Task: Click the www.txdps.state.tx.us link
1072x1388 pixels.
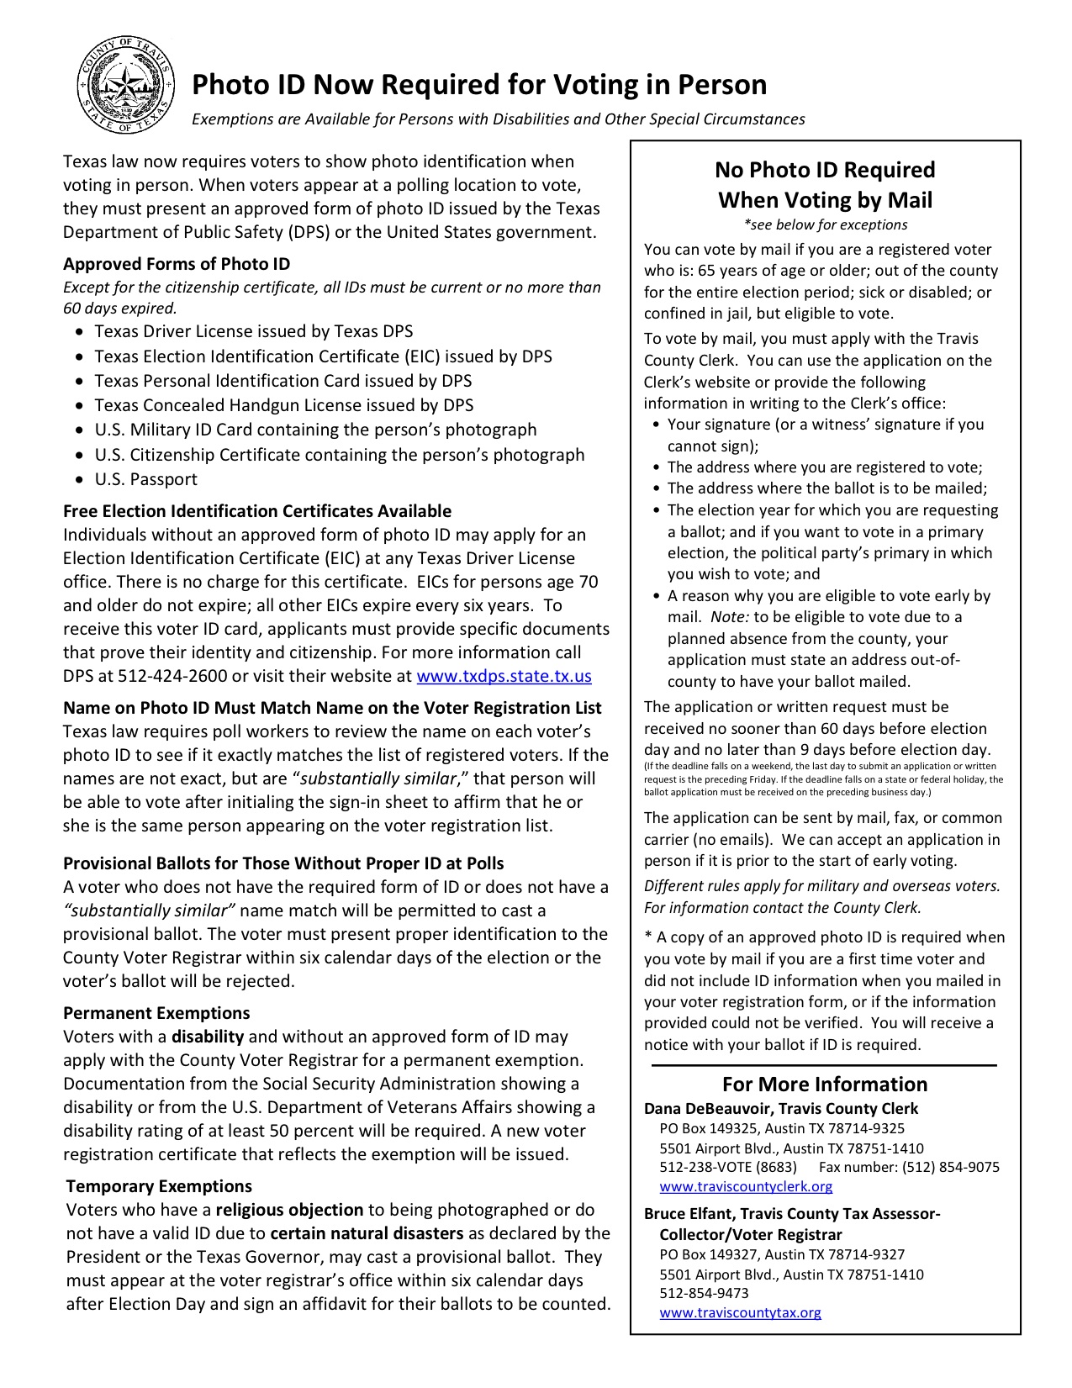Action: pos(504,676)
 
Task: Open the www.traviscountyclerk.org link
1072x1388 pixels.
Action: pos(746,1186)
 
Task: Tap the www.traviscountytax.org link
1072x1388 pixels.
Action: pos(740,1312)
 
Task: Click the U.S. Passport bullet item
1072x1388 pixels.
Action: pos(145,479)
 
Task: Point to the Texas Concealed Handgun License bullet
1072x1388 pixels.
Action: pos(283,405)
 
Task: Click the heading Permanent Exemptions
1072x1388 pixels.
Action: pos(156,1013)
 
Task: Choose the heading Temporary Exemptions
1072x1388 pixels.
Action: pos(159,1186)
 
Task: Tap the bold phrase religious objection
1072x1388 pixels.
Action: pos(289,1210)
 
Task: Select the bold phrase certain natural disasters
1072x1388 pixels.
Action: pos(367,1233)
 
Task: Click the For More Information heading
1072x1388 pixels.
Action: pos(824,1085)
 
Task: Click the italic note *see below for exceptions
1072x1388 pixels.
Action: pos(825,224)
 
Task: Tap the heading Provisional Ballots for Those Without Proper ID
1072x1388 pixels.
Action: pos(283,863)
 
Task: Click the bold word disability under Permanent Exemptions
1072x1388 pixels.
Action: pos(208,1037)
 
